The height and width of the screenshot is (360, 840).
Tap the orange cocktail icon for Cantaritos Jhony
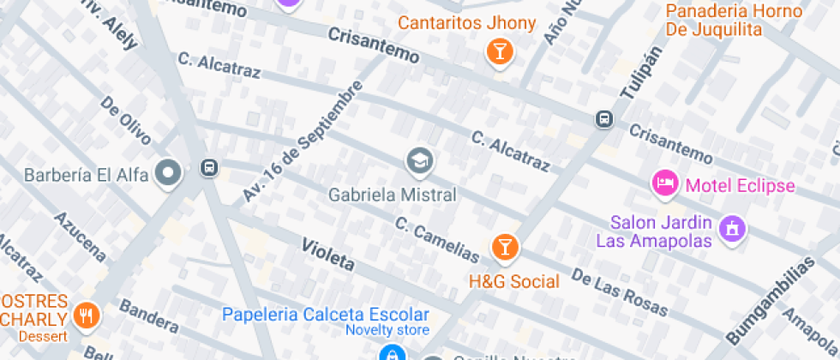click(498, 52)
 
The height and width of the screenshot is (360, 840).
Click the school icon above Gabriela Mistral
click(419, 160)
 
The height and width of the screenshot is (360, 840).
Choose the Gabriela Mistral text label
click(393, 195)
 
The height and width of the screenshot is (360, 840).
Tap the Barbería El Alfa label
click(87, 176)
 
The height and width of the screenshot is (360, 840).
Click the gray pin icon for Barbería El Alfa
click(169, 173)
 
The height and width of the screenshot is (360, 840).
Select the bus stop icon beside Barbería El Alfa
click(208, 167)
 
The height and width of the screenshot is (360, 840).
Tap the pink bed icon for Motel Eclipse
click(665, 183)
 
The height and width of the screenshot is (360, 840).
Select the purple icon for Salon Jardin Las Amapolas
click(734, 228)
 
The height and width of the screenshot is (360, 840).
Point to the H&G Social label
click(513, 281)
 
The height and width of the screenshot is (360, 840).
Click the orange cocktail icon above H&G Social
click(505, 249)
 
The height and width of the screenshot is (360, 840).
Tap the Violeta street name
click(327, 255)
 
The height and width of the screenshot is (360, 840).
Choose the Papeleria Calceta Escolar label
click(326, 315)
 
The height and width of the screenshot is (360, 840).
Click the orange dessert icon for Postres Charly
click(87, 316)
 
